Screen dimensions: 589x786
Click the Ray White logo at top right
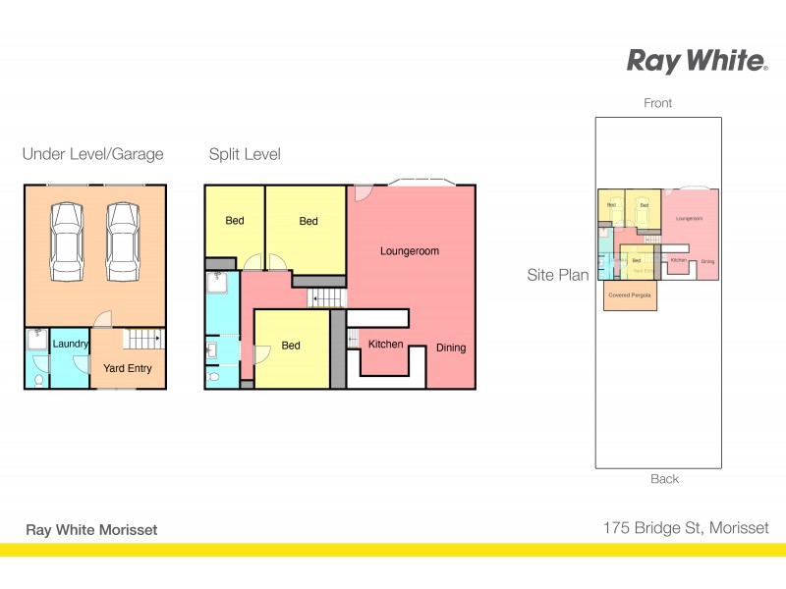tap(697, 61)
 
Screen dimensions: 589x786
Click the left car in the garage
tap(67, 241)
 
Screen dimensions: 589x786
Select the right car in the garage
tap(122, 241)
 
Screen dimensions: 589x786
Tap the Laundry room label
tap(70, 344)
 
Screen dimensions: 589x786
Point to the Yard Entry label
tap(128, 369)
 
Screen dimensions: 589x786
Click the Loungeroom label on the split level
tap(410, 251)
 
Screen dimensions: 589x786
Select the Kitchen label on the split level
tap(385, 345)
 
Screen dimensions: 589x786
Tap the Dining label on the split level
tap(451, 348)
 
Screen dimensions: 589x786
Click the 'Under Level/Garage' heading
tap(92, 154)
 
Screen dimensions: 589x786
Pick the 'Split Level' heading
tap(245, 154)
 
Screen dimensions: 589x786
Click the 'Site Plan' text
tap(558, 276)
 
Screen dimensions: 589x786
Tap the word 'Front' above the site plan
tap(658, 103)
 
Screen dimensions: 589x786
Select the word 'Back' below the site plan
tap(664, 479)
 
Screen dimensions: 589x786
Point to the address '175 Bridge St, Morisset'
tap(686, 528)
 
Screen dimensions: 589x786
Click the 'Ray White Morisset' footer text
tap(91, 529)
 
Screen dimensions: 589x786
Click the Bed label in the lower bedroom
tap(291, 346)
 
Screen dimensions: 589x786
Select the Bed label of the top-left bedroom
tap(235, 221)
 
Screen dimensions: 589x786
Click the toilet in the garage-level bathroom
tap(37, 379)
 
